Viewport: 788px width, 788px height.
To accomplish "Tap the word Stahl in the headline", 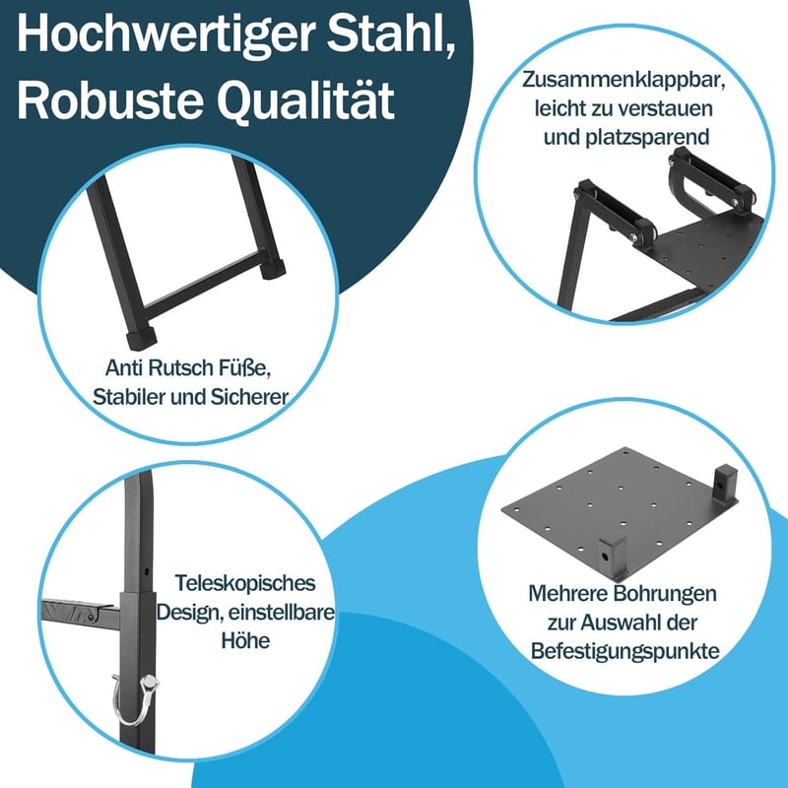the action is (x=392, y=33).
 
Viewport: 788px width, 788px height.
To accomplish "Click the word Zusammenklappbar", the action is (x=624, y=81).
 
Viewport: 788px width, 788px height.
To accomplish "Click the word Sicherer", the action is (x=249, y=397).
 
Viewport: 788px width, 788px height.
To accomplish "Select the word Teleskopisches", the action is (x=245, y=584).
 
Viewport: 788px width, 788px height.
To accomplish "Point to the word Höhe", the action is (x=245, y=640).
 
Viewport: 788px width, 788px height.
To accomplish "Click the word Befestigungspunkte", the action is (x=624, y=651).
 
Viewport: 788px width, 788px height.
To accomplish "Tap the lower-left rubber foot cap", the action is (x=141, y=338).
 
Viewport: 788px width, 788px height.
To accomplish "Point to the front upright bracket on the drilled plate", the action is (x=612, y=556).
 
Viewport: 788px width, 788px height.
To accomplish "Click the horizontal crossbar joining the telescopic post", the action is (x=81, y=612).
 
